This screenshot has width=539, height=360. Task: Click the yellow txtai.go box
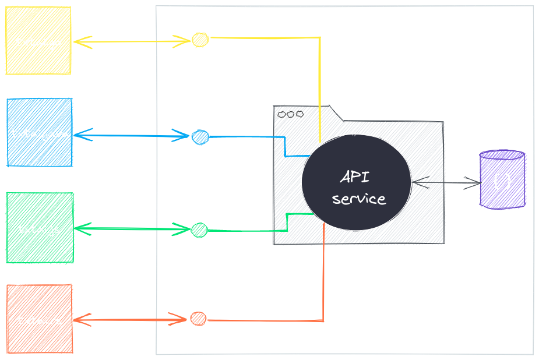click(x=38, y=40)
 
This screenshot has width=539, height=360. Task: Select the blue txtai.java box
click(x=40, y=133)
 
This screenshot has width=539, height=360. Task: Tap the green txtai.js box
click(x=40, y=228)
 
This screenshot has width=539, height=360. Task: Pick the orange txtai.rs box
click(x=40, y=319)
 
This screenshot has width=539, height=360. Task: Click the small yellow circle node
click(x=200, y=40)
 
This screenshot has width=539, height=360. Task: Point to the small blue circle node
click(x=200, y=137)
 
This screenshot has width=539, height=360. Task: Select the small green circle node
click(x=199, y=230)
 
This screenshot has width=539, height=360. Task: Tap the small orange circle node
click(x=198, y=319)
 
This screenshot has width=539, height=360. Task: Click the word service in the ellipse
click(x=359, y=199)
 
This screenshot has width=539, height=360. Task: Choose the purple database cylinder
click(x=502, y=179)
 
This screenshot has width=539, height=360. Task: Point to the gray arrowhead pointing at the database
click(x=473, y=183)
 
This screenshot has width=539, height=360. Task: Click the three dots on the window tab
click(x=290, y=114)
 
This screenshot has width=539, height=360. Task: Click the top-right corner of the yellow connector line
click(x=320, y=38)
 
